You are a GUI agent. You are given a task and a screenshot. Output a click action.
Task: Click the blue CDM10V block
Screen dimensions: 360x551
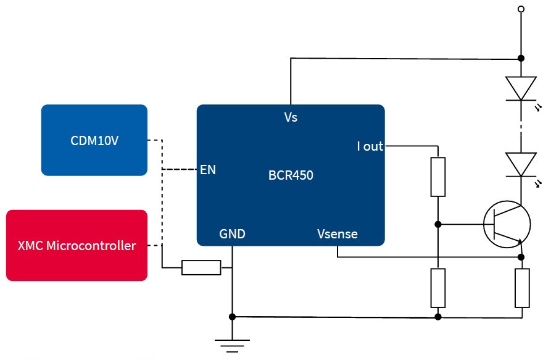94,140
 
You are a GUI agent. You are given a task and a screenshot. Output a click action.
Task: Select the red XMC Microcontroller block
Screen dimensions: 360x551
77,245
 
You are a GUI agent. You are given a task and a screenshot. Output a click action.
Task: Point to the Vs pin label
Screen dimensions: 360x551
290,117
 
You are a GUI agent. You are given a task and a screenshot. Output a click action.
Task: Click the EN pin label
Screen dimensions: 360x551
208,169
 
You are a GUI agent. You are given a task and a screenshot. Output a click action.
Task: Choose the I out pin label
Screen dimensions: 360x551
370,146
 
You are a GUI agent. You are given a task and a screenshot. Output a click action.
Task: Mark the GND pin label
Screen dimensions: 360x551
232,234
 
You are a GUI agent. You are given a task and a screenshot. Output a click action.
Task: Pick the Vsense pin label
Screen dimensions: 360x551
337,234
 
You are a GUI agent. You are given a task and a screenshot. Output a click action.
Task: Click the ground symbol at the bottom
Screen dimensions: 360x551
232,345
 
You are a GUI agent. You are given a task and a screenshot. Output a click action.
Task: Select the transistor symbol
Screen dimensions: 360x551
507,224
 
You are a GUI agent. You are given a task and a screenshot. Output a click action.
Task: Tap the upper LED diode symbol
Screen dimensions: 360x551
521,88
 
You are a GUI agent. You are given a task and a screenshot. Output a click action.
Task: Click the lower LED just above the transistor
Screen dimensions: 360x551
521,164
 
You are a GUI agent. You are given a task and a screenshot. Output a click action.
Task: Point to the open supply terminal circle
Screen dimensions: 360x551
521,9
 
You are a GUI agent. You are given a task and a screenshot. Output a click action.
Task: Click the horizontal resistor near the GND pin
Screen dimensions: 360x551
201,267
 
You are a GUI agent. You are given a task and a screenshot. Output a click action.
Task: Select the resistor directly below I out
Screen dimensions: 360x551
437,177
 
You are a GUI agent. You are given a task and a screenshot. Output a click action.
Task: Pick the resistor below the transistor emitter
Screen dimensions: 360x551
522,288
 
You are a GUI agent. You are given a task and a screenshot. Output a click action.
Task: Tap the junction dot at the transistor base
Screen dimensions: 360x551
437,224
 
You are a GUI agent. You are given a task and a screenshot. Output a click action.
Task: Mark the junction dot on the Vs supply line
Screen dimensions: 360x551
521,58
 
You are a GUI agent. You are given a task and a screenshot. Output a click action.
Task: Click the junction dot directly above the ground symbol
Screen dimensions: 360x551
232,317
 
